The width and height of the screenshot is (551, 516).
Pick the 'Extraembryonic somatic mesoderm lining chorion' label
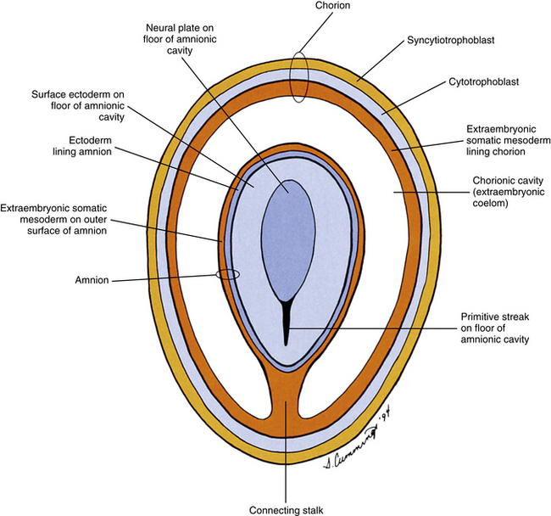[x=505, y=139]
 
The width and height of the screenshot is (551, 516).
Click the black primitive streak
[x=287, y=323]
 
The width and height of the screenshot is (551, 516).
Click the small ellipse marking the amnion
[x=228, y=274]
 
